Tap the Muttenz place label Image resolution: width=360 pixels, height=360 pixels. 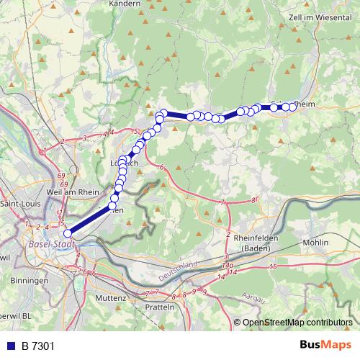tap(110, 297)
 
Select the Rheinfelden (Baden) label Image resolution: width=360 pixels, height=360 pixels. tap(247, 246)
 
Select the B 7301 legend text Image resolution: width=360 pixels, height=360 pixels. tap(38, 346)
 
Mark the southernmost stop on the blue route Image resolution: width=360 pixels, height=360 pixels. tap(68, 233)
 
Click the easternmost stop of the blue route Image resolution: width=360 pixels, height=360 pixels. tap(293, 107)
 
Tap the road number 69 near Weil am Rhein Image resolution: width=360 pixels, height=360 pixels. tap(63, 176)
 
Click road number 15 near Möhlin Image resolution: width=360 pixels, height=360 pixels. tap(273, 267)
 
